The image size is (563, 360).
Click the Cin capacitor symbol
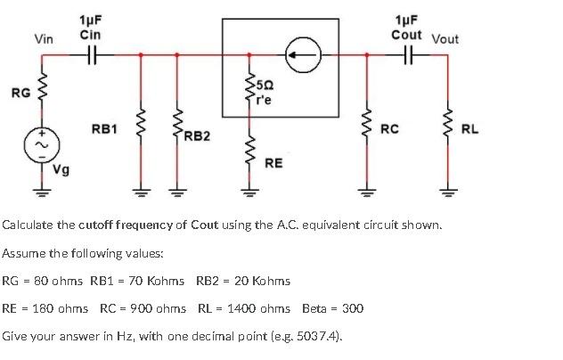(90, 54)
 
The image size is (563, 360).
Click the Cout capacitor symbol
(409, 54)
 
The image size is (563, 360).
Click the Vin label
(43, 38)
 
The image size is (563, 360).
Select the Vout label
(445, 38)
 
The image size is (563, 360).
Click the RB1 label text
(104, 130)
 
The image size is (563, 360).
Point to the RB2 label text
(197, 135)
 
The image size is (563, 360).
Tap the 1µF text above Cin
(90, 20)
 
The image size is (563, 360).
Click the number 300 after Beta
(353, 308)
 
